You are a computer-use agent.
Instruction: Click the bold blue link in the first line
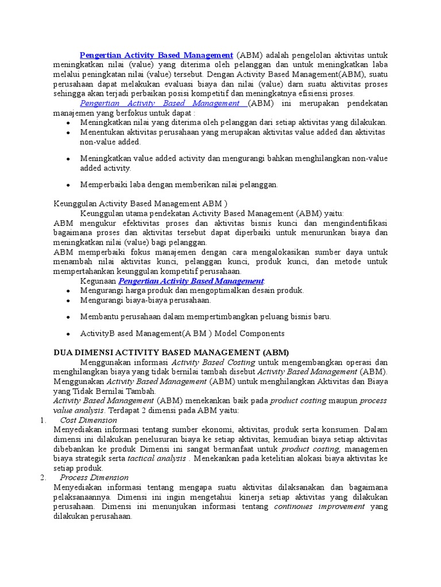[x=156, y=55]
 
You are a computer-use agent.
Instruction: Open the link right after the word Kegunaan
[x=191, y=281]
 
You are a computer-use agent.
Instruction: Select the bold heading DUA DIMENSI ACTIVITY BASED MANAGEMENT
[x=171, y=352]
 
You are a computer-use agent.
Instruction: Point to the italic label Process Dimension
[x=94, y=478]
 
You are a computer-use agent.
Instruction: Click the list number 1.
[x=42, y=420]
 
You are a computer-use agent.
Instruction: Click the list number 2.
[x=42, y=478]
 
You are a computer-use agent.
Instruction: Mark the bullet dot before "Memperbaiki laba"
[x=68, y=185]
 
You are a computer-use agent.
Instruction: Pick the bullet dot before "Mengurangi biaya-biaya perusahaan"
[x=68, y=300]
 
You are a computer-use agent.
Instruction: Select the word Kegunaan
[x=98, y=281]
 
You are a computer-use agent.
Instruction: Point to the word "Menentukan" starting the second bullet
[x=101, y=132]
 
